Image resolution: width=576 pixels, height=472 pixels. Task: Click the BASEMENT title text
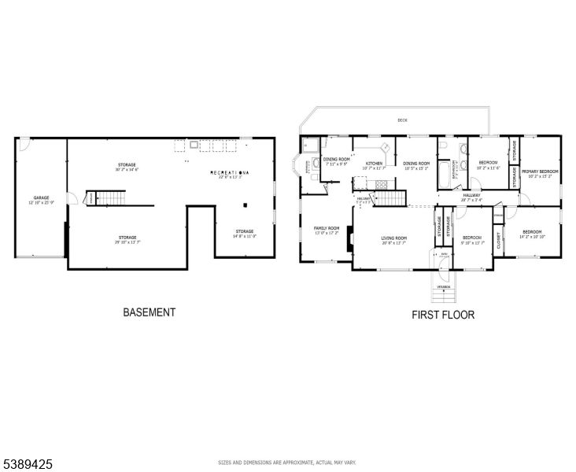pos(149,312)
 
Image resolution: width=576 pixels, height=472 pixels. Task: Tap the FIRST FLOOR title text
pos(443,315)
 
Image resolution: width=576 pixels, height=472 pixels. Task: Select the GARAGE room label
pos(41,200)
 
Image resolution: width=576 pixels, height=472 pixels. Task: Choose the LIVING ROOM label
pos(393,239)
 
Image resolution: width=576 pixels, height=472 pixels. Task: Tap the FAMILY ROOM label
pos(327,229)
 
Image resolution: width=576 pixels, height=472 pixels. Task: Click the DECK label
pos(402,120)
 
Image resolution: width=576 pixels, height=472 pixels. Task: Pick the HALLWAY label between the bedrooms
pos(471,197)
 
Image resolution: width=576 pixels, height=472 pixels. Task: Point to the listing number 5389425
pos(28,465)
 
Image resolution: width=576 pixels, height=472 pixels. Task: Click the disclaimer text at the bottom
pos(287,463)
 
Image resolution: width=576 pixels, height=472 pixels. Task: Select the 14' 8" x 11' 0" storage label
pos(244,233)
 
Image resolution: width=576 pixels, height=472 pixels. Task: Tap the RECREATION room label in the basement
pos(230,173)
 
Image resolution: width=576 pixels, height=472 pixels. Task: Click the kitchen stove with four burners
pos(386,148)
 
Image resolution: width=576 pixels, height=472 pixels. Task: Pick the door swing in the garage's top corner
pos(24,144)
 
